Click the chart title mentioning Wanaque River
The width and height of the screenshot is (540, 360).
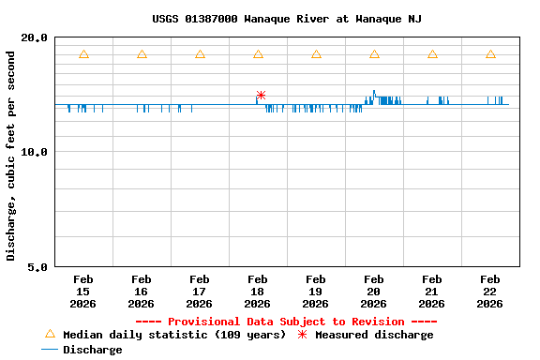287,19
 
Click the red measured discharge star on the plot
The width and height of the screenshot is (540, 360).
261,95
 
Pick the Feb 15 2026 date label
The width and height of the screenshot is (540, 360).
82,291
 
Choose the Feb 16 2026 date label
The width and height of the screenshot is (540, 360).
141,291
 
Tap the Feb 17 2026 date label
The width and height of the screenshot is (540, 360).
199,291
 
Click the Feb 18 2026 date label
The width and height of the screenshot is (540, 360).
257,291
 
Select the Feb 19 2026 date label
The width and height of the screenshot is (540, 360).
315,291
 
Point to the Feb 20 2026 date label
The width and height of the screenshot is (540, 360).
373,291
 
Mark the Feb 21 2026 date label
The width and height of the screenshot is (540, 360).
431,291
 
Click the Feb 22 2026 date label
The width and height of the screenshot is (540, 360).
489,291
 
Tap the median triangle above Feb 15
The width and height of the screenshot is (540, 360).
83,54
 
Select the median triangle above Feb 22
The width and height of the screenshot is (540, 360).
490,54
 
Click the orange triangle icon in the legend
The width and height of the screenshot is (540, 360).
51,334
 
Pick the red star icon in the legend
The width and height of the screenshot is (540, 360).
302,335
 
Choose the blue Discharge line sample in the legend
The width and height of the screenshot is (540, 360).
51,350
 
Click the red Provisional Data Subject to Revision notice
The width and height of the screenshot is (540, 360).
286,322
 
